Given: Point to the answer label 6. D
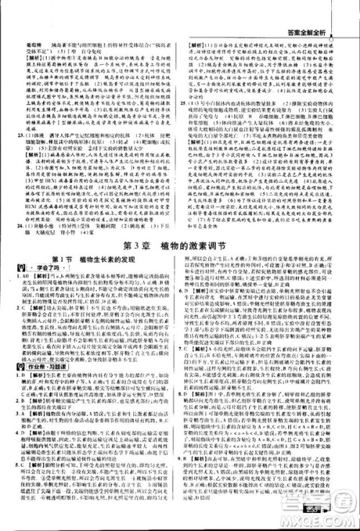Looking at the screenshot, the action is [x=189, y=312].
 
